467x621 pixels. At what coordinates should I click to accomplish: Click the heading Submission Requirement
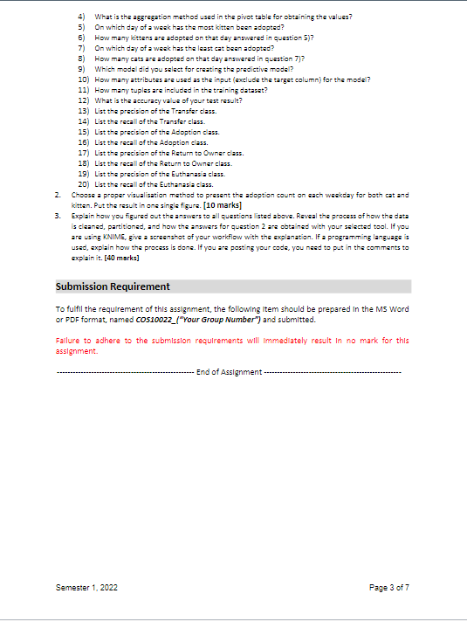[113, 286]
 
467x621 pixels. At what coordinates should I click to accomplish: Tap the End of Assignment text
[229, 372]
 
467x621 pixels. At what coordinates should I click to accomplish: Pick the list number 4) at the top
[81, 17]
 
